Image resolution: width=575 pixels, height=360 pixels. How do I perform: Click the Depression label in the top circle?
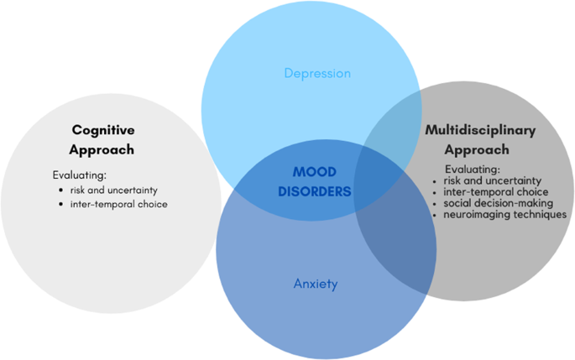tap(317, 74)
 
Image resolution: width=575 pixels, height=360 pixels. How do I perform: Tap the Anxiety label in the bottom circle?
tap(316, 284)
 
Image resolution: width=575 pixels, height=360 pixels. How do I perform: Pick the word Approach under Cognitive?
tap(103, 150)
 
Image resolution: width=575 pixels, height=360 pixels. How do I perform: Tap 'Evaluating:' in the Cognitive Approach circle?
tap(78, 176)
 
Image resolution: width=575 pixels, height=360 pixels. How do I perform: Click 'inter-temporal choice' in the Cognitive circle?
tap(118, 204)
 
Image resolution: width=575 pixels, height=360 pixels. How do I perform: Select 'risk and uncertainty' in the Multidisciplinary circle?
tap(487, 180)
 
